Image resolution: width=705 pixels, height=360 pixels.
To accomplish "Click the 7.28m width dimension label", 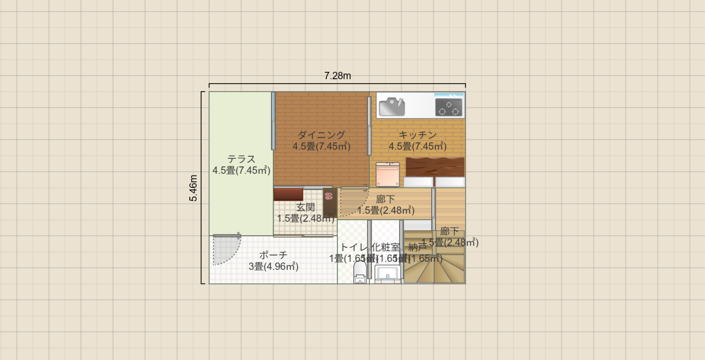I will tap(338, 76).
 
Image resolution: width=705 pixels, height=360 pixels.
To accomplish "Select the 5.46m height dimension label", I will tap(194, 188).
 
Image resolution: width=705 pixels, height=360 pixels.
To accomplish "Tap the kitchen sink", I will tap(391, 107).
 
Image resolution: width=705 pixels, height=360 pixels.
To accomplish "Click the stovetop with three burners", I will tap(449, 107).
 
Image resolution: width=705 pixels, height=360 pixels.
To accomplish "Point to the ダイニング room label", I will tap(321, 135).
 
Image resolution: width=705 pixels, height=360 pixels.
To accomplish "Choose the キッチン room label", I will tap(417, 135).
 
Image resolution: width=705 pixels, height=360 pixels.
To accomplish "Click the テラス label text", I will tap(241, 159).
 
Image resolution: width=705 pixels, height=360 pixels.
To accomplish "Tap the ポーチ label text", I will tap(273, 255).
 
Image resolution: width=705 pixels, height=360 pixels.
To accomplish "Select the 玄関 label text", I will tap(305, 208).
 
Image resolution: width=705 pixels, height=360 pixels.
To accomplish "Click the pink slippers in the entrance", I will tap(329, 196).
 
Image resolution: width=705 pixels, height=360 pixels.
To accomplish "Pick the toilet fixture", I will tap(360, 272).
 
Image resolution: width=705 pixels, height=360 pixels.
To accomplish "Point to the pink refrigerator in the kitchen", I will tap(388, 174).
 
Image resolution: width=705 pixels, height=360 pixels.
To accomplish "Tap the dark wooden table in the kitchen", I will tap(435, 167).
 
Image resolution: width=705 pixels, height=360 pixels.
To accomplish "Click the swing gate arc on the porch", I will tap(226, 250).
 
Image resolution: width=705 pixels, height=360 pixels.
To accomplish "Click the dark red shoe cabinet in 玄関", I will tap(288, 195).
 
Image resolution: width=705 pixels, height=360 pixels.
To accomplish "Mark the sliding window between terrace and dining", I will tap(273, 121).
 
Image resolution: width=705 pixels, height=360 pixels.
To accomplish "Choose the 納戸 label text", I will tap(417, 247).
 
